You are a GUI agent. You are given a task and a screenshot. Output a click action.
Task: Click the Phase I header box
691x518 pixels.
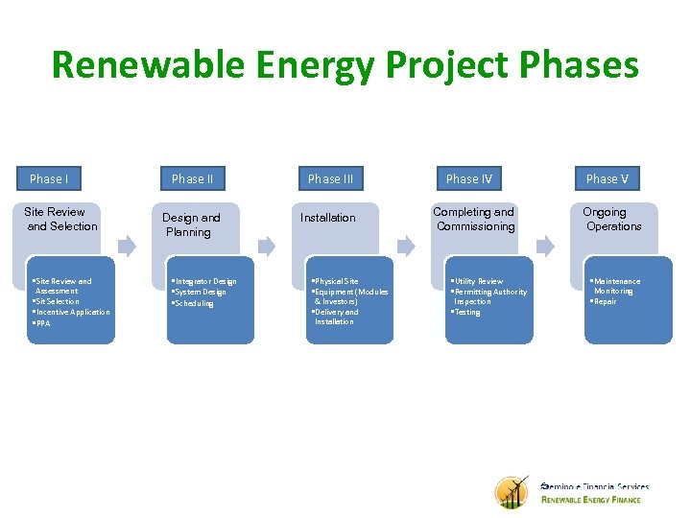[48, 178]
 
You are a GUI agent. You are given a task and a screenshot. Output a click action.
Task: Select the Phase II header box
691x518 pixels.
[192, 178]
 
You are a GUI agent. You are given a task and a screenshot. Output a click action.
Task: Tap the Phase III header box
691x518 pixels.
[330, 178]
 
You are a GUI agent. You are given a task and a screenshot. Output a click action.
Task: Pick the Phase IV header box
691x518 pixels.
[468, 178]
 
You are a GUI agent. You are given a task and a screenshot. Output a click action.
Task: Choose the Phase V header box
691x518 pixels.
[608, 178]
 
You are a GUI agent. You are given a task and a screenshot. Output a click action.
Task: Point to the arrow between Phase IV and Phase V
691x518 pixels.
[545, 246]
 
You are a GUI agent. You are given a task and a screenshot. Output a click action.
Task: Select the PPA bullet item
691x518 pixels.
[42, 323]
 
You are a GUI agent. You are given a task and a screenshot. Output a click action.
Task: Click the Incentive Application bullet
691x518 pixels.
[72, 312]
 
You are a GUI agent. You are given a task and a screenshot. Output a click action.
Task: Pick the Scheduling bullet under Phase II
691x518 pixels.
[195, 303]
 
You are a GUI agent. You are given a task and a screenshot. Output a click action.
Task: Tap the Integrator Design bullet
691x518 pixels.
[204, 281]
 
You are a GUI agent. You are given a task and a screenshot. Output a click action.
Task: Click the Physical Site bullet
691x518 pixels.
[337, 281]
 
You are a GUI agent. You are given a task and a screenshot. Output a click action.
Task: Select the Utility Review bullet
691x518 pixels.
[478, 281]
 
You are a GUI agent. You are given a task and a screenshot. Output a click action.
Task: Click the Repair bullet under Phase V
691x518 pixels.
[605, 301]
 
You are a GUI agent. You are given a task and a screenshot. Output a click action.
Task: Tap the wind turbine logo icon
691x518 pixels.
[512, 491]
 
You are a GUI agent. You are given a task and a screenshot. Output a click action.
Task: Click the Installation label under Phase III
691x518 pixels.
[327, 218]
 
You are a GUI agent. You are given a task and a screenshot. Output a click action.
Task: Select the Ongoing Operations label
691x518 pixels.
[612, 219]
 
